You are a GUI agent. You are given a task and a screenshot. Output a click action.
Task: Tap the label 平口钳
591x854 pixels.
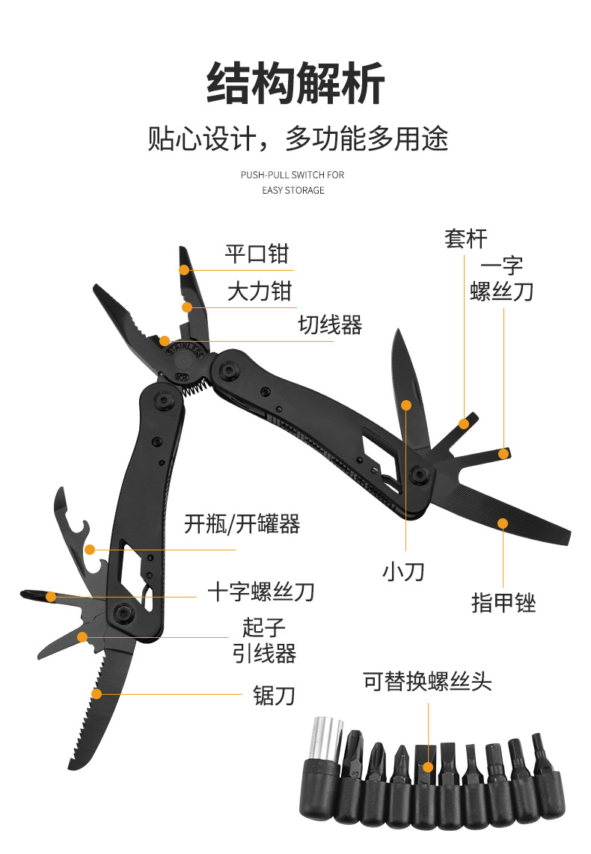coord(257,254)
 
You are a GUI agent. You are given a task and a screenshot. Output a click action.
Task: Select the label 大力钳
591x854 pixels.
coord(260,290)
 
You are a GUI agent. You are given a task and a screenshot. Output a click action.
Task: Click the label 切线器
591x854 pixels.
coord(330,325)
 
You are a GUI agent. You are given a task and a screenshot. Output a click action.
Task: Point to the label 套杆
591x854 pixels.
coord(465,239)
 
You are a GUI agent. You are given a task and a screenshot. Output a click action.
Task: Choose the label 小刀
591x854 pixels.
coord(403,572)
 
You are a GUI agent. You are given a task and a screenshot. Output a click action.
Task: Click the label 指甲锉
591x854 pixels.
coord(503,602)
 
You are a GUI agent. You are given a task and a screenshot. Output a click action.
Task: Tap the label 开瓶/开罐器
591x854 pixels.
coord(242,524)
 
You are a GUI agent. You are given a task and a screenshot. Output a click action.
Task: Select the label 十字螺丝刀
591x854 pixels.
coord(261,592)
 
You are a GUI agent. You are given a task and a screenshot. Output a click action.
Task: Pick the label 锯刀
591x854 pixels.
coord(275,696)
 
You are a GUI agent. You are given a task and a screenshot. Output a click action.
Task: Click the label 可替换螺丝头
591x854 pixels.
coord(428,681)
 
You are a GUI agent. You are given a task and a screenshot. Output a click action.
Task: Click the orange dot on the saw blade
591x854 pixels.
coord(96,693)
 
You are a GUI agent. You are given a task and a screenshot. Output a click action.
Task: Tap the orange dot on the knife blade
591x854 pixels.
coord(406,405)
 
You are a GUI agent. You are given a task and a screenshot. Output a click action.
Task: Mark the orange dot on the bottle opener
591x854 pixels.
coord(90,550)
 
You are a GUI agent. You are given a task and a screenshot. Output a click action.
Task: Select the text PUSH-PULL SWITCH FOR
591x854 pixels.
coord(293,175)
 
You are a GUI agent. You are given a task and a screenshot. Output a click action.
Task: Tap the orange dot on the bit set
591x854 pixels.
coord(428,767)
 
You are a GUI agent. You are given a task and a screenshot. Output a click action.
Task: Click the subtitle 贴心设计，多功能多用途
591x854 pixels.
coord(297,139)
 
